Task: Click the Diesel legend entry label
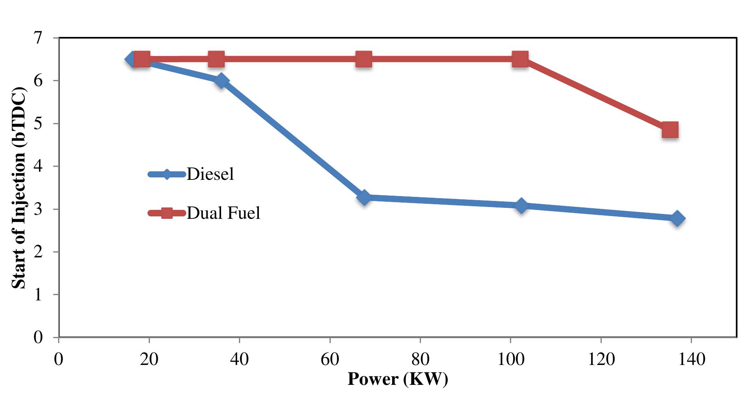pyautogui.click(x=210, y=174)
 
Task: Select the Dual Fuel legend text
pyautogui.click(x=223, y=213)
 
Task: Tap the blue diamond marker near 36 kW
pyautogui.click(x=221, y=81)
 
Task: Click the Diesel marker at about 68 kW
pyautogui.click(x=364, y=198)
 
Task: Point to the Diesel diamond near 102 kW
pyautogui.click(x=521, y=205)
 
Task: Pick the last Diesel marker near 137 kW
pyautogui.click(x=677, y=218)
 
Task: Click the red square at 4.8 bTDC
pyautogui.click(x=670, y=130)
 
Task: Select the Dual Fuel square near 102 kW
pyautogui.click(x=520, y=59)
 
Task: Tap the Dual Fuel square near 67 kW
pyautogui.click(x=364, y=59)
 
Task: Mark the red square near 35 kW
pyautogui.click(x=216, y=59)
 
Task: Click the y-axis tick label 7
pyautogui.click(x=38, y=38)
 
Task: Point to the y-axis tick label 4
pyautogui.click(x=38, y=166)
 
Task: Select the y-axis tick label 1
pyautogui.click(x=38, y=295)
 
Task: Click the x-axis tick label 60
pyautogui.click(x=330, y=359)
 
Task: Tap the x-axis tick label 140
pyautogui.click(x=692, y=359)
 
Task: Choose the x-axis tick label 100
pyautogui.click(x=511, y=359)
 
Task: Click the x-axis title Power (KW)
pyautogui.click(x=397, y=379)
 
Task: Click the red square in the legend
pyautogui.click(x=167, y=213)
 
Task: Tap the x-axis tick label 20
pyautogui.click(x=149, y=359)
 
